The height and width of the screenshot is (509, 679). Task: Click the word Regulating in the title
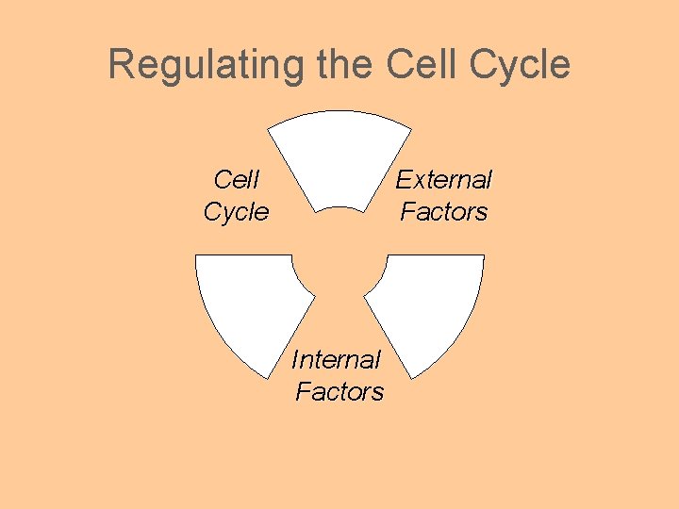pyautogui.click(x=205, y=65)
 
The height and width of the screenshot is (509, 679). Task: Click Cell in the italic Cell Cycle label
pyautogui.click(x=237, y=179)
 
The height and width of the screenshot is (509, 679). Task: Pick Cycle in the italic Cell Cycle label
pyautogui.click(x=236, y=212)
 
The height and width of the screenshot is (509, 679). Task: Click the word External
pyautogui.click(x=443, y=179)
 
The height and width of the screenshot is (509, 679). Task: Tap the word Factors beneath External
pyautogui.click(x=443, y=211)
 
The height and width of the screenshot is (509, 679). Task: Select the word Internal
pyautogui.click(x=336, y=359)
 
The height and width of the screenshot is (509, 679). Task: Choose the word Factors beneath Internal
pyautogui.click(x=339, y=391)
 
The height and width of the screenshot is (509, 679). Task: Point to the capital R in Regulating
pyautogui.click(x=121, y=65)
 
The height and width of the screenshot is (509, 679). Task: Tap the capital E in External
pyautogui.click(x=403, y=179)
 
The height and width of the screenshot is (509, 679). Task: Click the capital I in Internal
pyautogui.click(x=295, y=359)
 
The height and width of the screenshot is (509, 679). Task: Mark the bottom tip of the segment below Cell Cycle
pyautogui.click(x=273, y=378)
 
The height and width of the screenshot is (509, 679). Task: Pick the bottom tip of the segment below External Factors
pyautogui.click(x=406, y=378)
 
